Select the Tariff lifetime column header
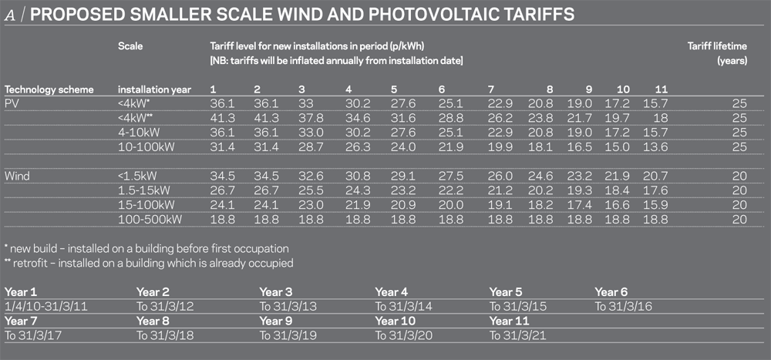tap(717, 45)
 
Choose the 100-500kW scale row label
tap(152, 220)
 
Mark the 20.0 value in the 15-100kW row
tap(451, 206)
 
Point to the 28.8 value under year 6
tap(451, 117)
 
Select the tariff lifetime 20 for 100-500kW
tap(739, 220)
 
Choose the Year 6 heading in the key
tap(611, 292)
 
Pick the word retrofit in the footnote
tap(31, 263)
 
